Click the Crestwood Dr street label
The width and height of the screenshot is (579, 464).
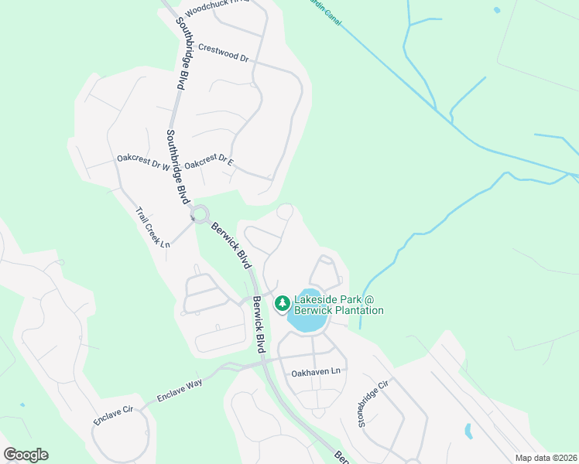(x=223, y=53)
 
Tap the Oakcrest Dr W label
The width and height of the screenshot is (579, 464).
(x=143, y=162)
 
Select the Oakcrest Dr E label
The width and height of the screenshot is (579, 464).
(x=209, y=162)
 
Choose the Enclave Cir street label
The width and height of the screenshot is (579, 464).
(x=113, y=412)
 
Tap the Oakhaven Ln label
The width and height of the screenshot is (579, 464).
(x=316, y=373)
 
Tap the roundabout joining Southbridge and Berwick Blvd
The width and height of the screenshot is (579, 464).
(x=200, y=213)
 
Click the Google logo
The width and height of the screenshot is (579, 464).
(x=26, y=455)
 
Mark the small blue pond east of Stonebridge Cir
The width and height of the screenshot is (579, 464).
(x=468, y=431)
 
